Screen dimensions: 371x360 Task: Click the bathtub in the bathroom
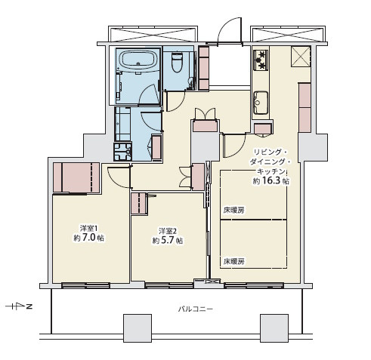click(x=138, y=60)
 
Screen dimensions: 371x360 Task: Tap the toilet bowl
click(x=177, y=63)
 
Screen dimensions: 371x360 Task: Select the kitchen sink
click(x=261, y=103)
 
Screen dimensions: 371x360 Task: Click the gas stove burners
click(x=261, y=60)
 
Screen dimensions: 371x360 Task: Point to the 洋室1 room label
click(x=89, y=229)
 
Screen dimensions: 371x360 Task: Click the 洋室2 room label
click(x=167, y=231)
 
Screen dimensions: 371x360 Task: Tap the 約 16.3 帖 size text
click(x=271, y=181)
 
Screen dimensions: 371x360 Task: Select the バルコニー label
click(x=196, y=309)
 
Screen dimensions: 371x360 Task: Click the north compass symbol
click(x=19, y=306)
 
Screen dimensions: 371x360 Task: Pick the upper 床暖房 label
click(x=234, y=211)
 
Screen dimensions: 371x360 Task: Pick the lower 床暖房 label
click(x=234, y=262)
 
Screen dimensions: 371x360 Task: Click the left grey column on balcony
click(x=138, y=328)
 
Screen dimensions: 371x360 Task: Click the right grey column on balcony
click(x=274, y=328)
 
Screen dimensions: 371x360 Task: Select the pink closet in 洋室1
click(x=76, y=177)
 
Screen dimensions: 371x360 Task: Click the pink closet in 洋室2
click(x=139, y=204)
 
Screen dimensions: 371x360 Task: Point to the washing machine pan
click(x=122, y=152)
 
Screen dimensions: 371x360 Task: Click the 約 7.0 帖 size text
click(x=89, y=238)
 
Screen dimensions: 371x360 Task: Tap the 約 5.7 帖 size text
click(x=168, y=241)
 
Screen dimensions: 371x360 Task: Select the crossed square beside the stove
click(x=301, y=57)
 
